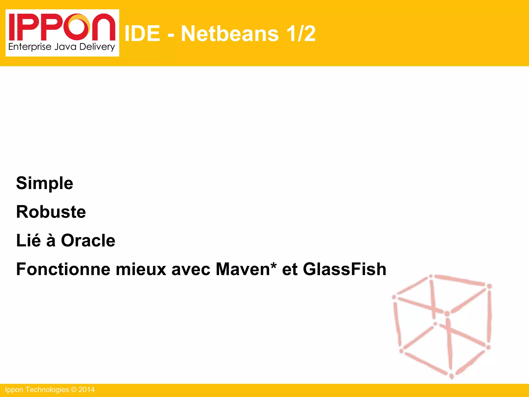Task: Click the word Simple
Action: (x=44, y=183)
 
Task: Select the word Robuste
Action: (x=51, y=212)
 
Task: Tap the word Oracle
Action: (x=88, y=241)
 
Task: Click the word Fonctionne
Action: (x=63, y=269)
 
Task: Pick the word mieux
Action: (x=141, y=269)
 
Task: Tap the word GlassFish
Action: (x=344, y=269)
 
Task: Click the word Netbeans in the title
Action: (x=230, y=34)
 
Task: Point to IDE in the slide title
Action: (x=142, y=34)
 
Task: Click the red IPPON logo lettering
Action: (x=62, y=27)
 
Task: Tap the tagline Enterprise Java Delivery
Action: (x=62, y=47)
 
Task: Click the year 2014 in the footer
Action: (x=87, y=390)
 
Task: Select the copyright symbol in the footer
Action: (x=74, y=390)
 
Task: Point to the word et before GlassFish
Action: (x=290, y=269)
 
